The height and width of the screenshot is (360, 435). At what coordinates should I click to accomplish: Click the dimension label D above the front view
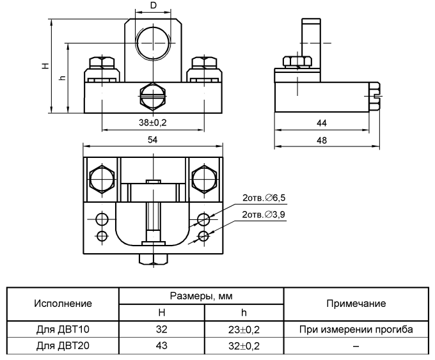[x=153, y=6]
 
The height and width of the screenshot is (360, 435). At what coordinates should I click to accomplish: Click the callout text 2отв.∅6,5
[x=264, y=198]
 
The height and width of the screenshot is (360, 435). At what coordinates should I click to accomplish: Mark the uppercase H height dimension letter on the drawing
[x=44, y=66]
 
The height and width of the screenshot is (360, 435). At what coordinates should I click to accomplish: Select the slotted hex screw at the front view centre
[x=153, y=97]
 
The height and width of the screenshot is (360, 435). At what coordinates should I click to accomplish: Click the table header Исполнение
[x=63, y=303]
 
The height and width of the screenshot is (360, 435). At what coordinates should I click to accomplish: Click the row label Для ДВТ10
[x=63, y=329]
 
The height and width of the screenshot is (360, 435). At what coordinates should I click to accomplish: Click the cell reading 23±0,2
[x=244, y=329]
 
